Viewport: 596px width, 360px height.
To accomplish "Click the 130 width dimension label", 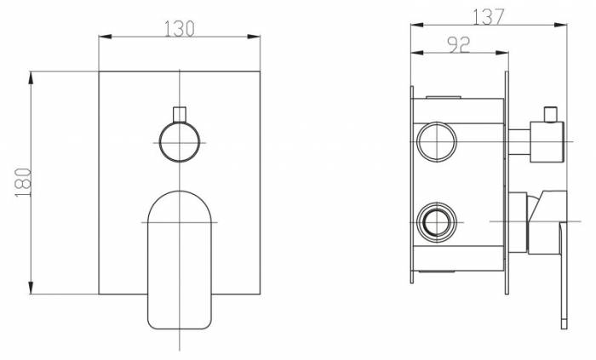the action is (x=179, y=29).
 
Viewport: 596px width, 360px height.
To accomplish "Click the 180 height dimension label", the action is (x=23, y=182).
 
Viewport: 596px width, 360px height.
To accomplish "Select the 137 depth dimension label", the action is (x=489, y=17).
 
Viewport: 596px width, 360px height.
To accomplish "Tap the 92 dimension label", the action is (x=459, y=45).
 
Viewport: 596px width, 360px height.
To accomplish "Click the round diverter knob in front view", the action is (x=180, y=142).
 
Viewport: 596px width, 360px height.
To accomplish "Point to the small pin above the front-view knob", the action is (x=180, y=114).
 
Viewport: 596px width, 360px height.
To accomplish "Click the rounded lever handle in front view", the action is (x=180, y=260).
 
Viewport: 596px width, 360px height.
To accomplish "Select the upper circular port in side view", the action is (x=437, y=141).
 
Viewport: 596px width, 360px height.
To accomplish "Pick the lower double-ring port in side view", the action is (x=437, y=222).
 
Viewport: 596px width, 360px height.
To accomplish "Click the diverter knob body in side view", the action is (x=547, y=141).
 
